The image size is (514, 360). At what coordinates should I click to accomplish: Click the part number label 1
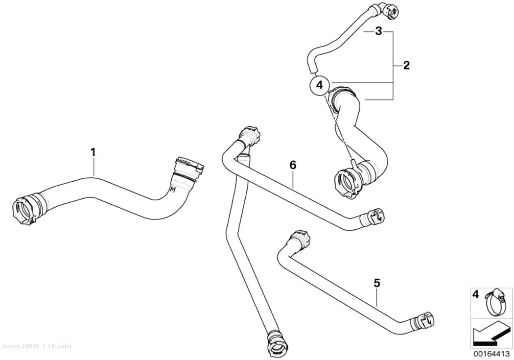(93, 152)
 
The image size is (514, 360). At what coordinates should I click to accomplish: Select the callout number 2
(406, 65)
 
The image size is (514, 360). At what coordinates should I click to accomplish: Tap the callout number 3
(378, 31)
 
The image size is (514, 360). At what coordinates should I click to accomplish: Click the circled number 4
(320, 85)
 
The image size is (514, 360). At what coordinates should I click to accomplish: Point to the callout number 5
(377, 283)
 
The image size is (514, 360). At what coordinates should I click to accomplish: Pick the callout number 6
(293, 165)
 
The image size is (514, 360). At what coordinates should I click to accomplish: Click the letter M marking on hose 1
(173, 189)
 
